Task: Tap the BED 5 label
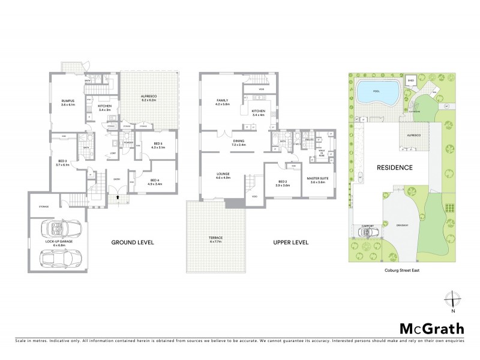coord(155,145)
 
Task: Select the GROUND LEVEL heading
coord(133,243)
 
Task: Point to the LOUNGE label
coord(215,176)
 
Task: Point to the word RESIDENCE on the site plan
coord(395,167)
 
